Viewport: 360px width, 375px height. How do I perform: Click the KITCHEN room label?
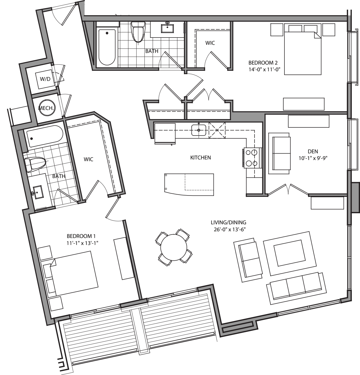pyautogui.click(x=200, y=158)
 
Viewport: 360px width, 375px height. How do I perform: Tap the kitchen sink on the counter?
pyautogui.click(x=199, y=130)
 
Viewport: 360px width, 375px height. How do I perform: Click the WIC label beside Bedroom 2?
pyautogui.click(x=210, y=43)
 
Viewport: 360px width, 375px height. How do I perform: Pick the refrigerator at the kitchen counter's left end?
pyautogui.click(x=165, y=133)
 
